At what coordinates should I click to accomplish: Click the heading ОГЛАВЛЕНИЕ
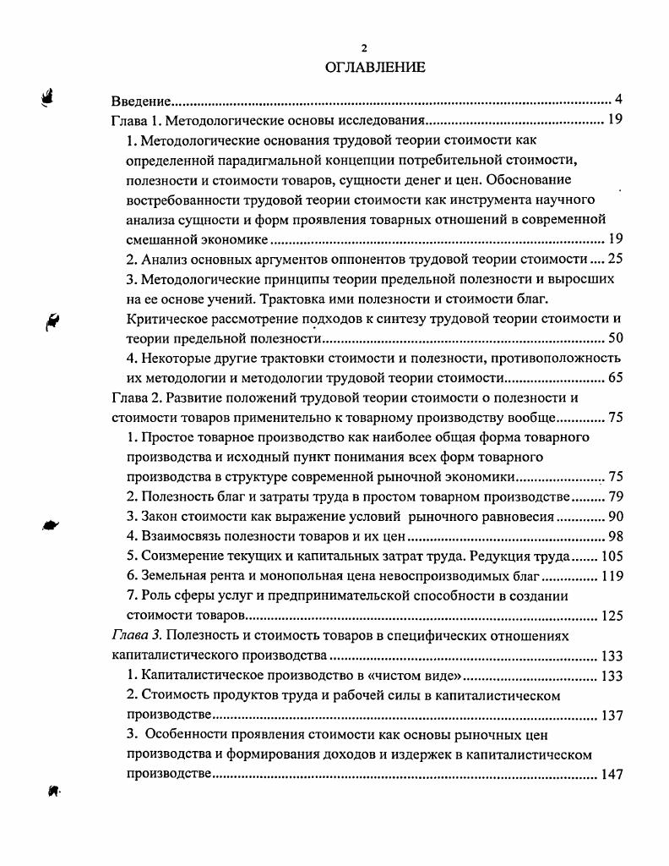[x=375, y=67]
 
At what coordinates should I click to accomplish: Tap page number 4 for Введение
[x=618, y=100]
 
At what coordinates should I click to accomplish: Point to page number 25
[x=614, y=259]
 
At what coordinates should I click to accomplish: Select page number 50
[x=614, y=338]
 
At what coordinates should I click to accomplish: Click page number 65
[x=614, y=378]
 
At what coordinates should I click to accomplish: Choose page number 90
[x=614, y=517]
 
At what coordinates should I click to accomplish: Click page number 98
[x=614, y=537]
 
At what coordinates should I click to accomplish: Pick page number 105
[x=611, y=556]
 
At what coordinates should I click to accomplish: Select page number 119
[x=611, y=577]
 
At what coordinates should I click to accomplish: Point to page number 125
[x=611, y=616]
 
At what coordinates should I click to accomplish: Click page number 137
[x=611, y=715]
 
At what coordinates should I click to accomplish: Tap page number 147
[x=611, y=775]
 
